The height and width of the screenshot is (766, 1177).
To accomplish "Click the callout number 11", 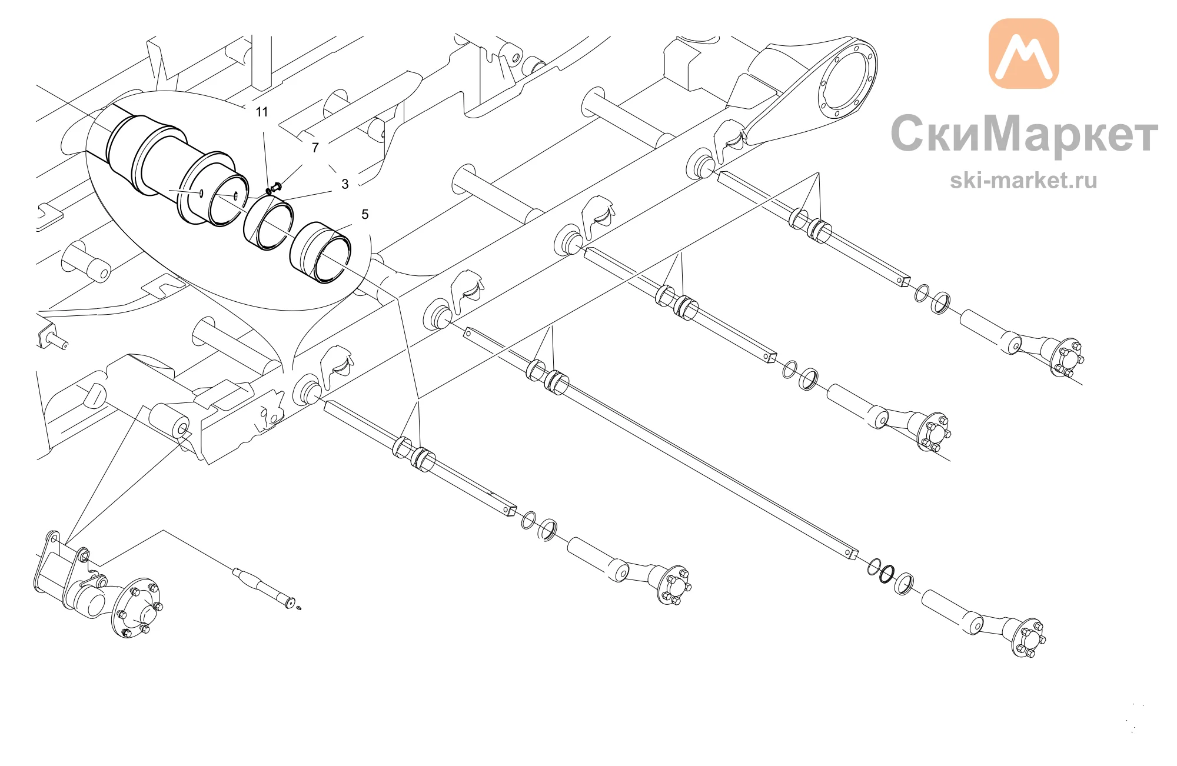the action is pyautogui.click(x=262, y=112).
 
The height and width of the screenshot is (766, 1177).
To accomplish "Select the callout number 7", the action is pyautogui.click(x=315, y=148).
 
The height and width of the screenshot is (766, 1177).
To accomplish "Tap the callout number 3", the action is pyautogui.click(x=345, y=184).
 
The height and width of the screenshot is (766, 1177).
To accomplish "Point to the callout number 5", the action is pyautogui.click(x=365, y=214).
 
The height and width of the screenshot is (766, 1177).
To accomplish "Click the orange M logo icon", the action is pyautogui.click(x=1023, y=54).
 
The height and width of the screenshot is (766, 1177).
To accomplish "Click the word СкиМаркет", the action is pyautogui.click(x=1024, y=134).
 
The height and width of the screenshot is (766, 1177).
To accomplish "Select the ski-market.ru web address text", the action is pyautogui.click(x=1023, y=180).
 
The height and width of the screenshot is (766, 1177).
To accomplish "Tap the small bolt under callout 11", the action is pyautogui.click(x=274, y=189).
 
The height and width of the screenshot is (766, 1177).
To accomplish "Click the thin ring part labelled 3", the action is pyautogui.click(x=268, y=224).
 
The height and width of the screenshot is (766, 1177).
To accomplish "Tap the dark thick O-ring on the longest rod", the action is pyautogui.click(x=887, y=574).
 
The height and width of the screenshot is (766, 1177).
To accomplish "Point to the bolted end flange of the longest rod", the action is pyautogui.click(x=1028, y=638).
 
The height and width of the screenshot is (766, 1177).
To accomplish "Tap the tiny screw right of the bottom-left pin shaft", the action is pyautogui.click(x=300, y=608).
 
